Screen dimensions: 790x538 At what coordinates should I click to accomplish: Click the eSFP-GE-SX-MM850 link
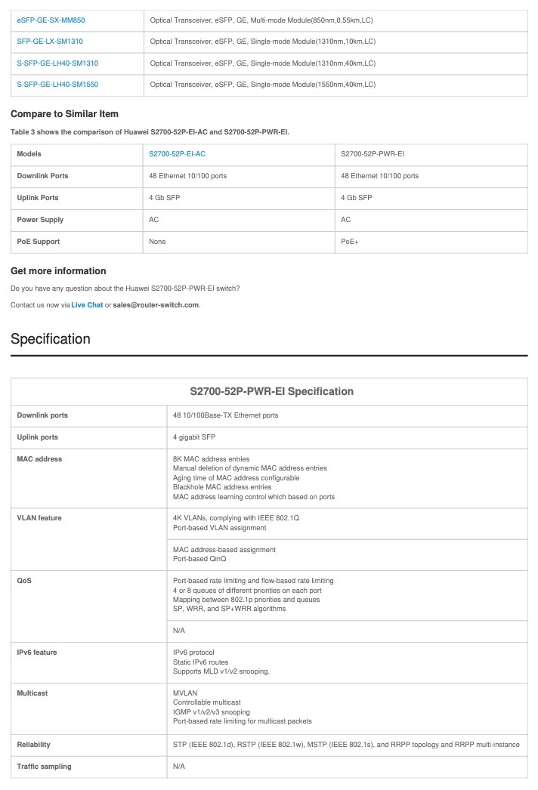coord(51,20)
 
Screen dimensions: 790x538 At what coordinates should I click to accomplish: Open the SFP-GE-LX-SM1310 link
coord(50,42)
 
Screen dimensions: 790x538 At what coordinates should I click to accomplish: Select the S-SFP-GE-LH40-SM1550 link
coord(57,85)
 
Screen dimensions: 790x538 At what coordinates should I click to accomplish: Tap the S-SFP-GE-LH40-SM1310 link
coord(57,63)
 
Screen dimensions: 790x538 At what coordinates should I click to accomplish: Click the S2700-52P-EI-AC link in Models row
coord(177,154)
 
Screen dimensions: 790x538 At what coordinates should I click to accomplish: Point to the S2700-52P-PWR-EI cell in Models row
coord(373,154)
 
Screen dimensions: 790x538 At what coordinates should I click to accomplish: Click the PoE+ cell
coord(349,242)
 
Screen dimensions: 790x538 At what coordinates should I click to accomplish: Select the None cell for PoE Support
coord(157,242)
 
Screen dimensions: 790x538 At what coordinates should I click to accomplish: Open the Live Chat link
coord(87,305)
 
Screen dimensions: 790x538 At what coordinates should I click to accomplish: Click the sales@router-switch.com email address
coord(156,305)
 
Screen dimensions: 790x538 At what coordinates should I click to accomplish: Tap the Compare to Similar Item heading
coord(64,114)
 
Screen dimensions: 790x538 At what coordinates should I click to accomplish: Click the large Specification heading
coord(50,339)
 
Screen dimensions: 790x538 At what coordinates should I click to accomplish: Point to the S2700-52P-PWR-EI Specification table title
coord(271,391)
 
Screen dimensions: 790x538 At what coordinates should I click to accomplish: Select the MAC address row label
coord(39,458)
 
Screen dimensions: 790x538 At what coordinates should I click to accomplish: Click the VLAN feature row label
coord(39,518)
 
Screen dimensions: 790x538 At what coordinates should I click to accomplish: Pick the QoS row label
coord(26,581)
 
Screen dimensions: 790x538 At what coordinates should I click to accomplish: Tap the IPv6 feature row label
coord(37,653)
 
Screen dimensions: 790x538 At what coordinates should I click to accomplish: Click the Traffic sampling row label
coord(44,767)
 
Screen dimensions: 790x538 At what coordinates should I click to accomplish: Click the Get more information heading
coord(58,271)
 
